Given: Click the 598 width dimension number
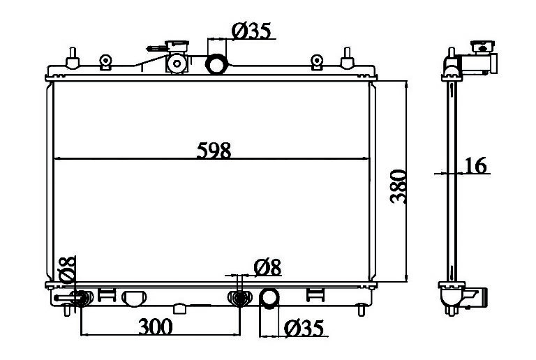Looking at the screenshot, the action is pyautogui.click(x=214, y=150).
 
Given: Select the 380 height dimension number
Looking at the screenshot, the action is pyautogui.click(x=399, y=186).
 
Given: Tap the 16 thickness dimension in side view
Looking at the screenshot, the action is pyautogui.click(x=475, y=165).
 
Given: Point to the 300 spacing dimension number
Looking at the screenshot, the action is pyautogui.click(x=156, y=327).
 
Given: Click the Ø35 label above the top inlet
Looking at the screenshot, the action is pyautogui.click(x=251, y=31).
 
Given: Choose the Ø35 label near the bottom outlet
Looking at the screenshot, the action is pyautogui.click(x=304, y=329).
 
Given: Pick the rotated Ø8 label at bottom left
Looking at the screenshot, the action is pyautogui.click(x=67, y=269).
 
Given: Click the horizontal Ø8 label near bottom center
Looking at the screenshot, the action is pyautogui.click(x=268, y=267).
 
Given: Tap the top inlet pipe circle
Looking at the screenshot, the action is pyautogui.click(x=216, y=64).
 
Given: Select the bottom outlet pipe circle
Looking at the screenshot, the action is pyautogui.click(x=269, y=298).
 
